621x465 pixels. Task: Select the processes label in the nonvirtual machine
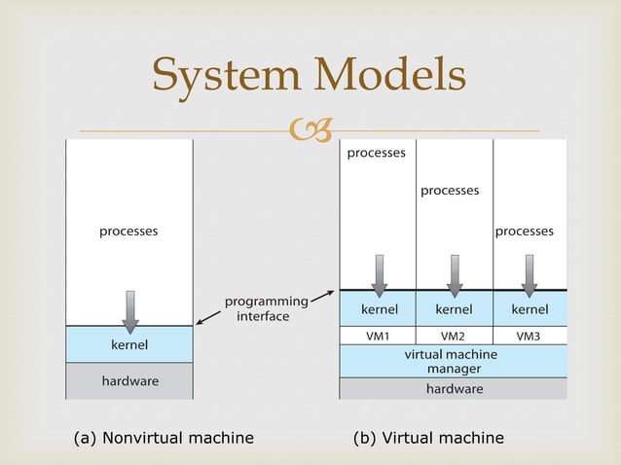[128, 232]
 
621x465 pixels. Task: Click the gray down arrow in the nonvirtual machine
[129, 310]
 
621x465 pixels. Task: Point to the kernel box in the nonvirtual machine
[128, 344]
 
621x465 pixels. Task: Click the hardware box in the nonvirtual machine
[128, 380]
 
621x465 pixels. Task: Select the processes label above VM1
[377, 153]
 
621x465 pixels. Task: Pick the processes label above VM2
[450, 191]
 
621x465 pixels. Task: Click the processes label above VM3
[525, 232]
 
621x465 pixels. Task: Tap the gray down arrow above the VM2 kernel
[454, 274]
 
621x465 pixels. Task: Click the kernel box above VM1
[379, 309]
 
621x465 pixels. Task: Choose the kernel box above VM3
[530, 309]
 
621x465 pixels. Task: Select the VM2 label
[454, 336]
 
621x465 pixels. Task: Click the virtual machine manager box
[453, 361]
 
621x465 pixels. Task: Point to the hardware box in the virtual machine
[453, 388]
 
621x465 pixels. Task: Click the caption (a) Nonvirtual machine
[164, 438]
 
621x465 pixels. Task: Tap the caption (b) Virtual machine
[428, 438]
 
